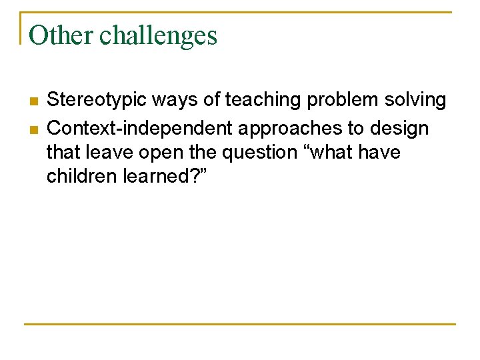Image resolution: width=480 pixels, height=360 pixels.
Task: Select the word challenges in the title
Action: pyautogui.click(x=159, y=36)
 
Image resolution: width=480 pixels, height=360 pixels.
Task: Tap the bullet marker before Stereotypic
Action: pyautogui.click(x=33, y=101)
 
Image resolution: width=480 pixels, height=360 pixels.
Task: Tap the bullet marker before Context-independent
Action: pyautogui.click(x=33, y=127)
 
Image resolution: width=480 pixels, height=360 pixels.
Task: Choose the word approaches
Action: pyautogui.click(x=285, y=127)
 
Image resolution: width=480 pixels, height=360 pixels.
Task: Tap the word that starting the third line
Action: pyautogui.click(x=61, y=153)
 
